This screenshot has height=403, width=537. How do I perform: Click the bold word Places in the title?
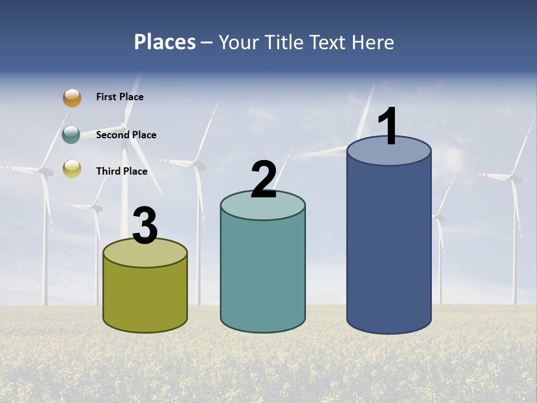[165, 42]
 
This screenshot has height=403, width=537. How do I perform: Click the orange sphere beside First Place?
[72, 98]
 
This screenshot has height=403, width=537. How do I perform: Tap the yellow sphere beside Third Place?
[72, 168]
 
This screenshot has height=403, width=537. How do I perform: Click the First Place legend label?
[120, 97]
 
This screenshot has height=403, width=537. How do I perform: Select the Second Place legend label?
[126, 135]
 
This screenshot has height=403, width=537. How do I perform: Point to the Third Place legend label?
[121, 171]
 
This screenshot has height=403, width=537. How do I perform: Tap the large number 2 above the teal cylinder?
[263, 180]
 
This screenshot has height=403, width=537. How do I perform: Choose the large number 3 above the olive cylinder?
[145, 226]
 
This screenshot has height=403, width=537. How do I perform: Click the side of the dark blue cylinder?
[389, 246]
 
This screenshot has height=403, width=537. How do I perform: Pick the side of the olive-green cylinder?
[145, 297]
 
